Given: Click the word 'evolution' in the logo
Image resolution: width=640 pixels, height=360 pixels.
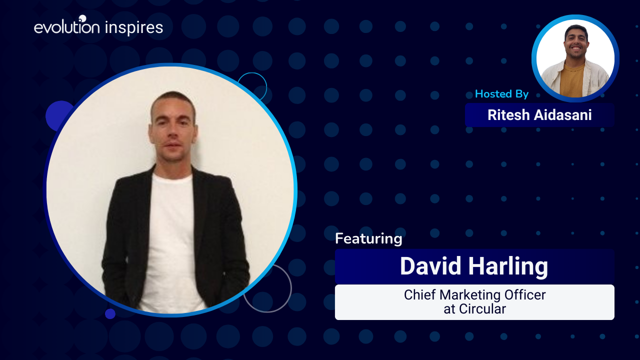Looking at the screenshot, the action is (x=67, y=26).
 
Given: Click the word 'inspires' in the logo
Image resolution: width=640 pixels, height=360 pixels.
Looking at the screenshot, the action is (x=134, y=27).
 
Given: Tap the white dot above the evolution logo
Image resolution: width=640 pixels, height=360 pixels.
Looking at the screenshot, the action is (x=82, y=18).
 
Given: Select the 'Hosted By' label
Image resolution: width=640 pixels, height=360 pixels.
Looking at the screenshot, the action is (x=501, y=93).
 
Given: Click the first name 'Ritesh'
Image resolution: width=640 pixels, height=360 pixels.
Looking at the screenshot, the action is (x=508, y=115).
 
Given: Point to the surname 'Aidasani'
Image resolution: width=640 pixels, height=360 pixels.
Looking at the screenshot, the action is (x=562, y=115).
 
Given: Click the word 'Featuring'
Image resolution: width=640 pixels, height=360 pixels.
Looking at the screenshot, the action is (x=368, y=238).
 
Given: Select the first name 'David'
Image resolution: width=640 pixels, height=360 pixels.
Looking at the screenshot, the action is (x=430, y=266).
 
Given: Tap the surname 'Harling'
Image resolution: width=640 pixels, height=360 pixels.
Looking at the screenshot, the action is (x=508, y=267).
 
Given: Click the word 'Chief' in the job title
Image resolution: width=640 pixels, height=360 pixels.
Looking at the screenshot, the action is (x=420, y=295).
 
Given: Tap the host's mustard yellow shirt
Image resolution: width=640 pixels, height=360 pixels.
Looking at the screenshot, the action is (x=572, y=81).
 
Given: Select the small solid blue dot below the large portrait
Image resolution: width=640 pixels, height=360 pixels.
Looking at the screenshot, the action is (x=110, y=313).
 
